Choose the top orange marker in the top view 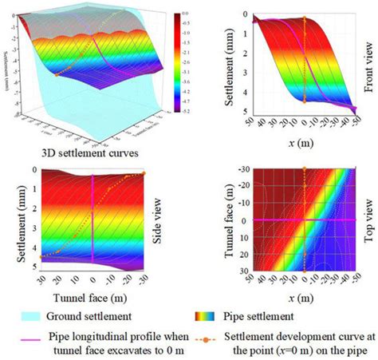pyautogui.click(x=304, y=168)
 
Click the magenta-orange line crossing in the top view pyautogui.click(x=304, y=220)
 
